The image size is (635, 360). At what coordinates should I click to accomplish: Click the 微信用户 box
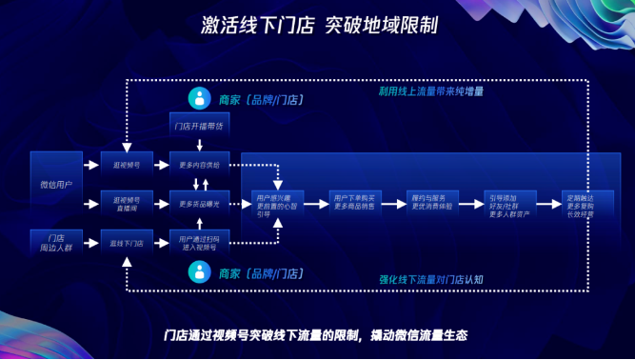click(x=56, y=182)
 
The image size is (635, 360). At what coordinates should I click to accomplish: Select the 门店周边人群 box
click(x=56, y=242)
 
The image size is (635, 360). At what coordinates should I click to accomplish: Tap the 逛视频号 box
click(x=127, y=165)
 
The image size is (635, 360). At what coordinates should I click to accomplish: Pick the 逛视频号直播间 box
click(x=127, y=203)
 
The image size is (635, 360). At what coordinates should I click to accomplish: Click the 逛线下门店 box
click(x=127, y=243)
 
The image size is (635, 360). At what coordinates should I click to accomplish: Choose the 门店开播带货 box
click(x=199, y=126)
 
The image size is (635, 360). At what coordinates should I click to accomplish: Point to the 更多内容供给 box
click(x=199, y=165)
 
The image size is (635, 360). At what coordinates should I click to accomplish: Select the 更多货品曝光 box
click(x=199, y=204)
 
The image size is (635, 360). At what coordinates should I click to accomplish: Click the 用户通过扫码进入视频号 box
click(x=199, y=243)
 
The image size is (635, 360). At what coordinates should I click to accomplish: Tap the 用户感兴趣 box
click(x=277, y=204)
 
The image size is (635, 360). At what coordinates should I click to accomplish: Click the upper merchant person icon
click(x=199, y=98)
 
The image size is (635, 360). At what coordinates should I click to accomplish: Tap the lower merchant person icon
click(x=199, y=273)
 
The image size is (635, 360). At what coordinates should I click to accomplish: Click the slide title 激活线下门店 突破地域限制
click(x=317, y=23)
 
